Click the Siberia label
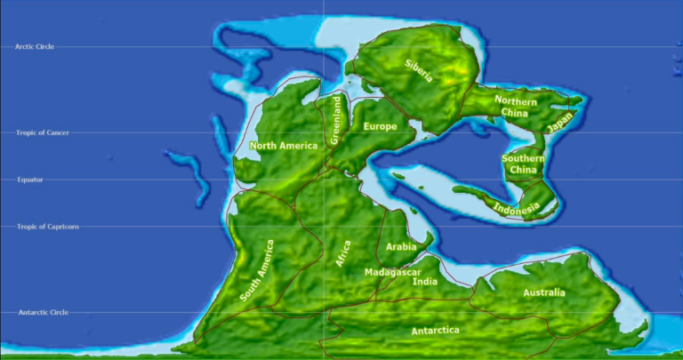[x=420, y=70]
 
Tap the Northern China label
[x=515, y=107]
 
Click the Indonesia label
[x=516, y=208]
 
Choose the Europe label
[x=380, y=127]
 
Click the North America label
[x=284, y=146]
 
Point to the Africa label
[x=344, y=254]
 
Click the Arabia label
[x=401, y=247]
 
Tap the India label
[x=425, y=282]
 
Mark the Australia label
[x=543, y=292]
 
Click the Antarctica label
[x=435, y=331]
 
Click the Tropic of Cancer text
[x=42, y=133]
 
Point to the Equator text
[x=29, y=180]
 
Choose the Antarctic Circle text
[x=43, y=312]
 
